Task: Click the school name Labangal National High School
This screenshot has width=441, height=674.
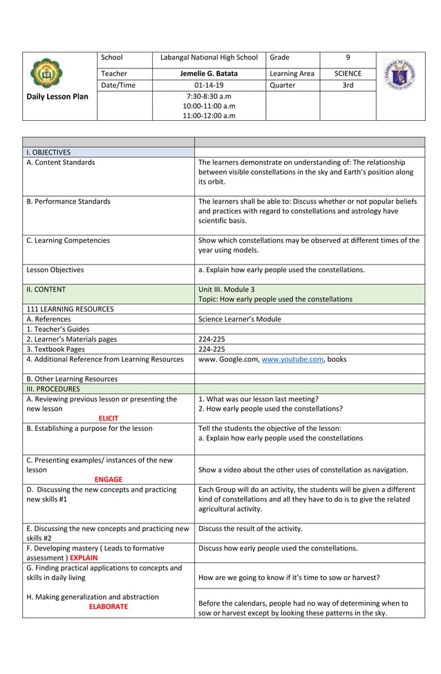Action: [x=208, y=57]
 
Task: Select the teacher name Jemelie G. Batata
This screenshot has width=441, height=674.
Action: [x=208, y=73]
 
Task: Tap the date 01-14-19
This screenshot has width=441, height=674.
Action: [x=208, y=86]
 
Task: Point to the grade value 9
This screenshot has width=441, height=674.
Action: [x=348, y=57]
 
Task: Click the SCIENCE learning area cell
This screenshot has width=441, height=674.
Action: [x=348, y=73]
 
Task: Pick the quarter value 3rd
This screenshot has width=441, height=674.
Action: [x=348, y=86]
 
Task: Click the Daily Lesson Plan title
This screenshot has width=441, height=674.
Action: [x=58, y=97]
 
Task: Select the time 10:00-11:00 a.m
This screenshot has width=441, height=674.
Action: [x=208, y=106]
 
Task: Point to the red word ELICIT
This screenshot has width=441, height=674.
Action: [x=109, y=418]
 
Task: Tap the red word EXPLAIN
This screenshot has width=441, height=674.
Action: [x=84, y=557]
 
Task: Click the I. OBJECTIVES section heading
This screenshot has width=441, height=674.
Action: [x=48, y=152]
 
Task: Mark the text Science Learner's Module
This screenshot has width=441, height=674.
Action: [x=239, y=319]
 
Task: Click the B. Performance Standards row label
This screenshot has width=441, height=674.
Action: [x=68, y=202]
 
